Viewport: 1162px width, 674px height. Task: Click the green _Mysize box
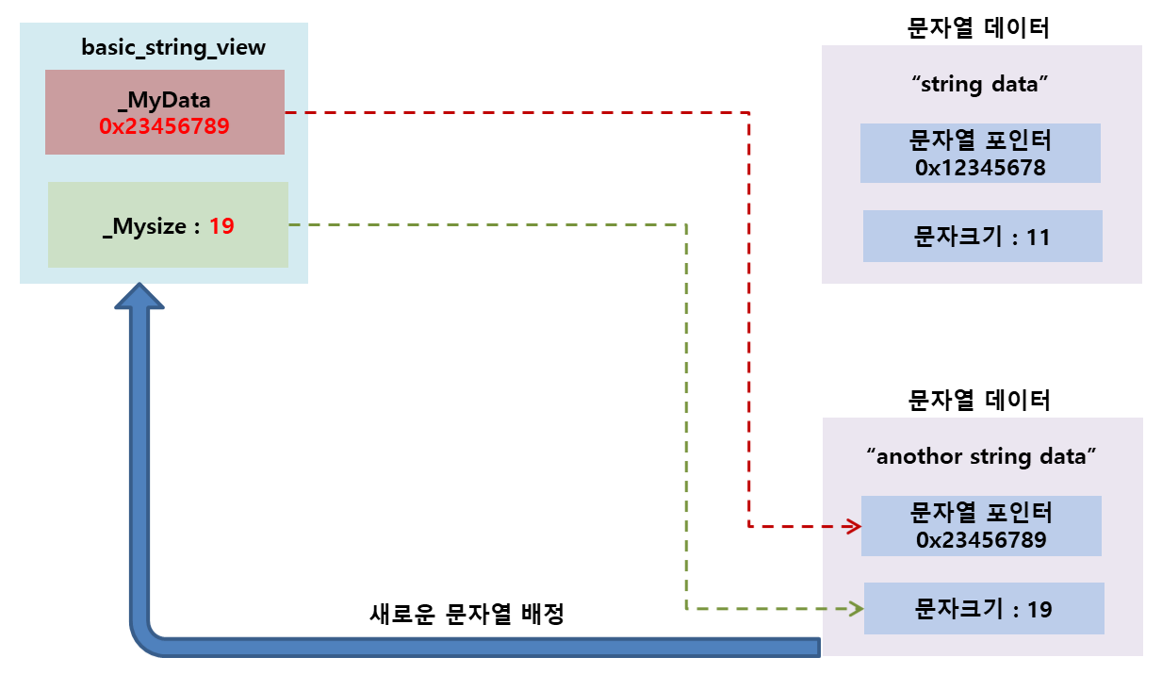(168, 224)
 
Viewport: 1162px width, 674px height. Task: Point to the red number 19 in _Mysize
(221, 226)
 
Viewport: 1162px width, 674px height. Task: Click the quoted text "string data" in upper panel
(980, 84)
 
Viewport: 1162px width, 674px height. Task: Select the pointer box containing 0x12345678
(980, 153)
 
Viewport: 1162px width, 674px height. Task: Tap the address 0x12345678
(980, 168)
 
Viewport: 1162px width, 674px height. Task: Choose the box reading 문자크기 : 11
(982, 236)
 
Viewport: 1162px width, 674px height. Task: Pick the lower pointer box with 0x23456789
(980, 525)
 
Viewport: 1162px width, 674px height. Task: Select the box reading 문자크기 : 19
(983, 608)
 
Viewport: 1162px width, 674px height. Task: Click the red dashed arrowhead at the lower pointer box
(853, 526)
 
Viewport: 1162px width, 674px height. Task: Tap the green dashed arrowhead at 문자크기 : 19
(856, 609)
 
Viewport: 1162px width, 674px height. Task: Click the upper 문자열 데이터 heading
(980, 27)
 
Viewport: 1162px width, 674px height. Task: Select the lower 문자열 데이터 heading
(980, 400)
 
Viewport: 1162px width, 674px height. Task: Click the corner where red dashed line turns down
(748, 113)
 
